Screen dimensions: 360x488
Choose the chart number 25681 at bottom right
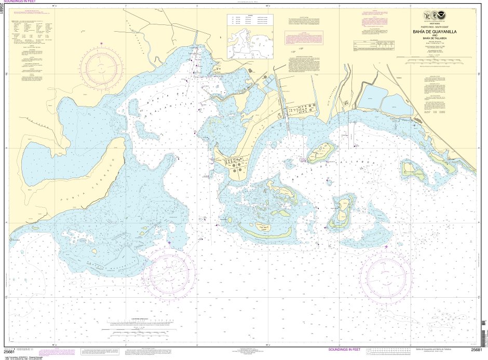(x=477, y=350)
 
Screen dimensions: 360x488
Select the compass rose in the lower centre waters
(x=169, y=274)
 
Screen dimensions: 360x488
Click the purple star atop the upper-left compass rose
(x=102, y=43)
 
